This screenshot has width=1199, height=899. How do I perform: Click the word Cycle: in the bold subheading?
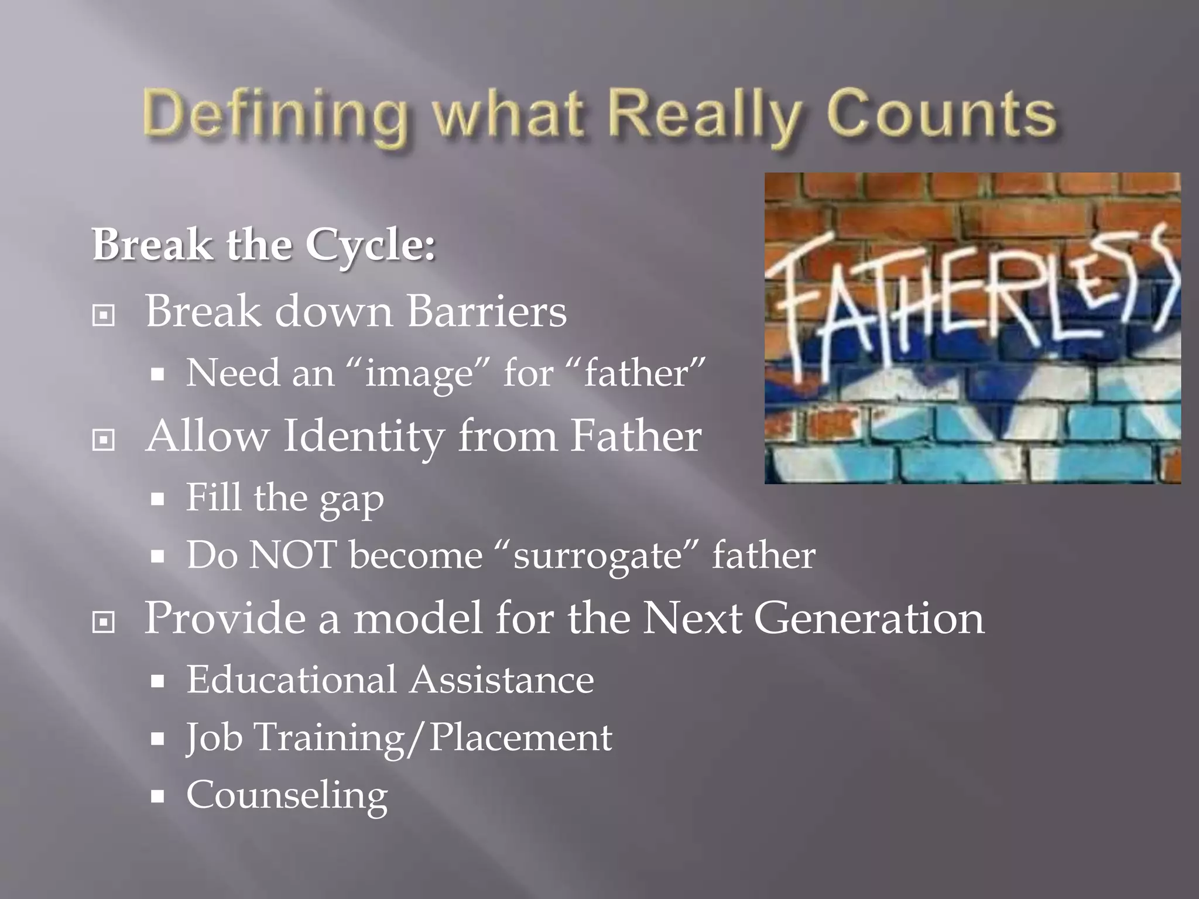pyautogui.click(x=371, y=245)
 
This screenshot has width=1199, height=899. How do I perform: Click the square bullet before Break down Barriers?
pyautogui.click(x=104, y=315)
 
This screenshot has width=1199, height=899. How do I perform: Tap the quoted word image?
pyautogui.click(x=419, y=373)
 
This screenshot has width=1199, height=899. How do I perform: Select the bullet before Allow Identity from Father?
pyautogui.click(x=104, y=440)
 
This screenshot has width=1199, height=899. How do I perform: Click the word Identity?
pyautogui.click(x=363, y=437)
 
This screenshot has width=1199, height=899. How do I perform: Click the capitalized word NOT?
pyautogui.click(x=293, y=554)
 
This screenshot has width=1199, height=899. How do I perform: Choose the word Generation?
pyautogui.click(x=869, y=618)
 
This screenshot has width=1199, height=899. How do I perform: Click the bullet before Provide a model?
pyautogui.click(x=104, y=622)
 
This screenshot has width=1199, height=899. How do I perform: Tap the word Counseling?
pyautogui.click(x=287, y=796)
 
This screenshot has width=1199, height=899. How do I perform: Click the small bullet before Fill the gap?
pyautogui.click(x=157, y=499)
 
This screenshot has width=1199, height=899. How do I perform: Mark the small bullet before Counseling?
pyautogui.click(x=157, y=796)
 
